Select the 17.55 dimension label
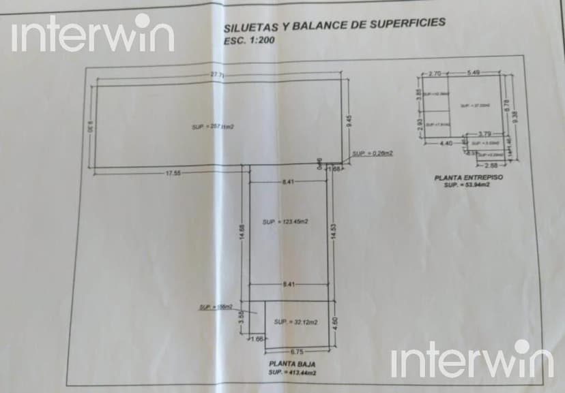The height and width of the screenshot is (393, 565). click(x=172, y=173)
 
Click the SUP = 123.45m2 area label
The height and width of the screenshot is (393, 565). click(x=285, y=222)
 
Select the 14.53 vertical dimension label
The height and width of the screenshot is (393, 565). click(x=333, y=232)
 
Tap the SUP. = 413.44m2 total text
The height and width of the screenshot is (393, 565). click(x=291, y=373)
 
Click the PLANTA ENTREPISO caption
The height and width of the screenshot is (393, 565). click(x=469, y=178)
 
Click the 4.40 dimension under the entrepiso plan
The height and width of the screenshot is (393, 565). click(x=446, y=143)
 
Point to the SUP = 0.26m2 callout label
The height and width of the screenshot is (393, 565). click(x=373, y=154)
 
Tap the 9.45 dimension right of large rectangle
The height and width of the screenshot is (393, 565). click(x=349, y=122)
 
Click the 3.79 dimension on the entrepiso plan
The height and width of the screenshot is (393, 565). click(x=484, y=134)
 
